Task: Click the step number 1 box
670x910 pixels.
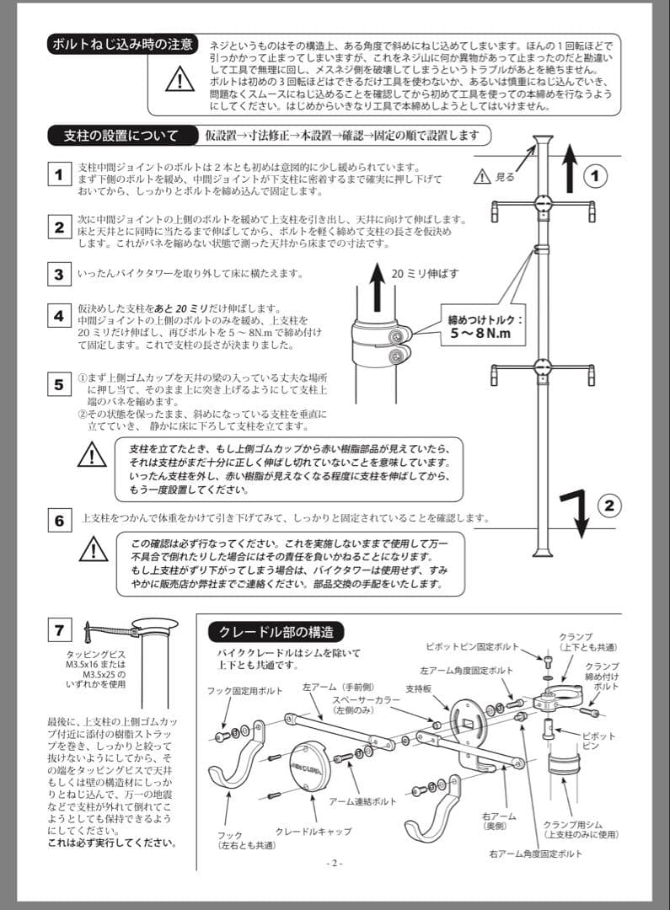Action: (x=59, y=175)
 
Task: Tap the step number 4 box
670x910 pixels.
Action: (x=59, y=317)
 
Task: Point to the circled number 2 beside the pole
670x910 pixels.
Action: (x=611, y=506)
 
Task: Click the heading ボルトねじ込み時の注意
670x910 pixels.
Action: (x=123, y=44)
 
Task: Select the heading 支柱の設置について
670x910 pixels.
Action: (x=121, y=135)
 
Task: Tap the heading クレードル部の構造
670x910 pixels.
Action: (x=276, y=631)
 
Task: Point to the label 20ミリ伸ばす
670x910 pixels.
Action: (x=425, y=273)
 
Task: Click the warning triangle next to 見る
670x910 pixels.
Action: (x=481, y=177)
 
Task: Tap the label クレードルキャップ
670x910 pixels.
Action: (x=313, y=832)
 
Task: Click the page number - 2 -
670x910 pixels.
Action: (x=335, y=863)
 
